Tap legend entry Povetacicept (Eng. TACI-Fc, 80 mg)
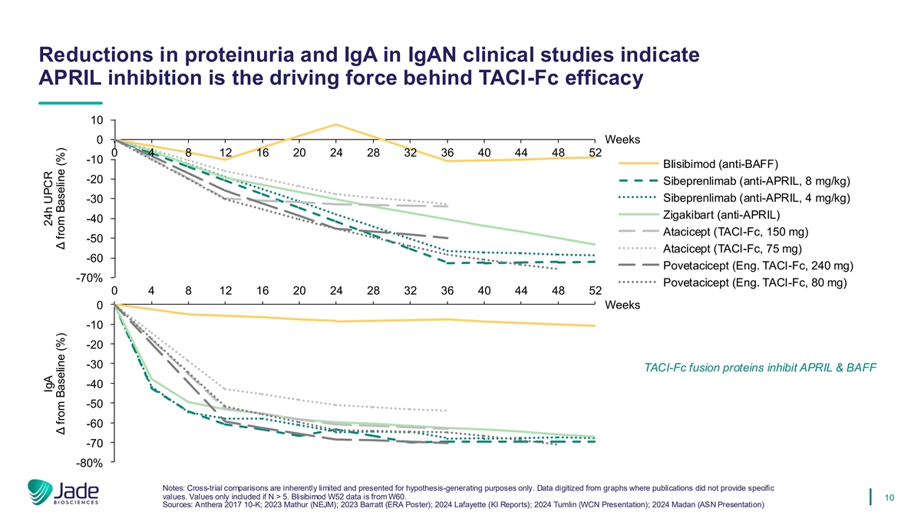click(754, 282)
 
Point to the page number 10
click(890, 499)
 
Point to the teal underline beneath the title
click(70, 104)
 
